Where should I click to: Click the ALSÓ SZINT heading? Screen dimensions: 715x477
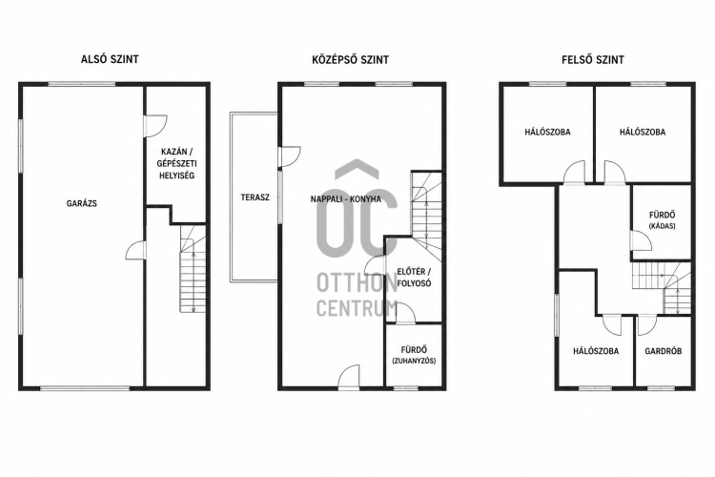tap(110, 59)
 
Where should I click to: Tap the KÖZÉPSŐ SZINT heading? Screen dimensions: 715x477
tap(350, 59)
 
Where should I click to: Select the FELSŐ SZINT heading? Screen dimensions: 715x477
tap(593, 59)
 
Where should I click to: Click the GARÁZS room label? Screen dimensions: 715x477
tap(82, 203)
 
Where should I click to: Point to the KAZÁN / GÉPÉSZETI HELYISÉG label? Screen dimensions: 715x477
tap(176, 163)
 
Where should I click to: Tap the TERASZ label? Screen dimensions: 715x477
tap(255, 197)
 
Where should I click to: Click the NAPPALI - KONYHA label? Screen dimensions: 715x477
tap(346, 199)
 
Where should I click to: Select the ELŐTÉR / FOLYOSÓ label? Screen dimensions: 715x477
tap(414, 278)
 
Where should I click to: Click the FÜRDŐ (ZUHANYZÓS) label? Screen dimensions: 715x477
tap(414, 355)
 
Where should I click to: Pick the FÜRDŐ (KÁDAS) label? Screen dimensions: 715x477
tap(663, 219)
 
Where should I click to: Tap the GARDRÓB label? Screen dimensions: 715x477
tap(663, 351)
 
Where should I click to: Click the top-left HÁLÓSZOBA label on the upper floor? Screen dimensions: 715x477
tap(547, 132)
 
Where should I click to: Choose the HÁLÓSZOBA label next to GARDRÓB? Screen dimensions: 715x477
tap(596, 351)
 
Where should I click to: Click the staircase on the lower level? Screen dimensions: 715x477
tap(194, 268)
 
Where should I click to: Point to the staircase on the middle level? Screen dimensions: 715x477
tap(427, 217)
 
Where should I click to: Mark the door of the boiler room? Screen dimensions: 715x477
tap(155, 127)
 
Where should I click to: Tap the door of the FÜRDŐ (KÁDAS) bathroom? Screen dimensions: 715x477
tap(642, 240)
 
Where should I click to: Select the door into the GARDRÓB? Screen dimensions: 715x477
tap(646, 325)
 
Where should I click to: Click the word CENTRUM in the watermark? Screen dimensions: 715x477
tap(357, 308)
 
